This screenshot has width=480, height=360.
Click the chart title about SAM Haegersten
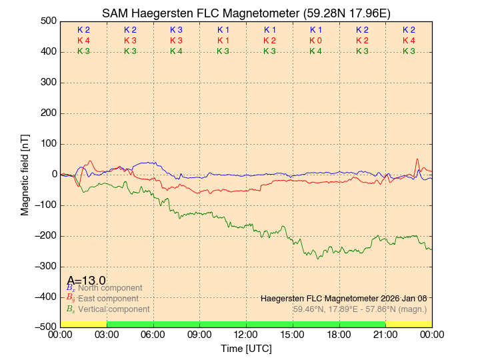[246, 13]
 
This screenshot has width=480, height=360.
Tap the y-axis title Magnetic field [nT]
[25, 174]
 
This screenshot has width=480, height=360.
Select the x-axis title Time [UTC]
[246, 349]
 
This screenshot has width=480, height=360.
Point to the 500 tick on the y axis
[49, 21]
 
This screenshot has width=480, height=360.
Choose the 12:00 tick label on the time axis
[246, 335]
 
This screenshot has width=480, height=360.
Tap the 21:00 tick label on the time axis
[385, 335]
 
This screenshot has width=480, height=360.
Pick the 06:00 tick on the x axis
[153, 335]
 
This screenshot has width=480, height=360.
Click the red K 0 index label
[315, 41]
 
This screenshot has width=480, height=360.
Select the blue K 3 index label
[176, 30]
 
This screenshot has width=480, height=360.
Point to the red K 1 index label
[223, 41]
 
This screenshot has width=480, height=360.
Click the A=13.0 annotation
[86, 280]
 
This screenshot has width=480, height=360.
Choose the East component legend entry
[107, 299]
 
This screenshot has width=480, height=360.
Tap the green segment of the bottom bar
[246, 324]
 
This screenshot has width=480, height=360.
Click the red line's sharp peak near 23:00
[417, 159]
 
